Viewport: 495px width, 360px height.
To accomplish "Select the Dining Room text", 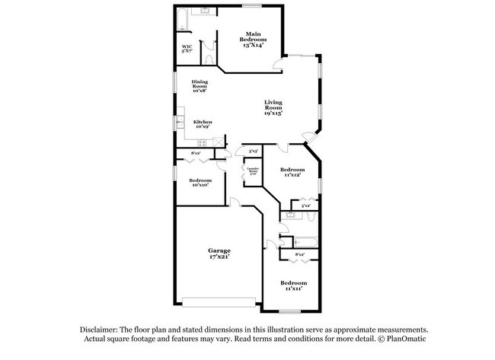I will tap(200, 86).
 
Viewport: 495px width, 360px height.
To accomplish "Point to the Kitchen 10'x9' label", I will tap(203, 125).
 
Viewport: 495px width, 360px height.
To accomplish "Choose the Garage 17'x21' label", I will tap(220, 253).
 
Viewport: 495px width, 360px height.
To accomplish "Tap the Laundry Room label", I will tap(251, 171).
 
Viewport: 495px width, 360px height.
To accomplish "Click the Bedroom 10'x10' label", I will tap(200, 183).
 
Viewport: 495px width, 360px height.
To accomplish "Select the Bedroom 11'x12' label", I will tap(292, 172).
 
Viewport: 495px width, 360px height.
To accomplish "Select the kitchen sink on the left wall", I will tap(181, 122).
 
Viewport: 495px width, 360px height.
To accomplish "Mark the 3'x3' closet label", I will tap(251, 151).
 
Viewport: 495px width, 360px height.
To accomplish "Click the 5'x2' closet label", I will tap(306, 205).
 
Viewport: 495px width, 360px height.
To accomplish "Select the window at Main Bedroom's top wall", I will tap(251, 6).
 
